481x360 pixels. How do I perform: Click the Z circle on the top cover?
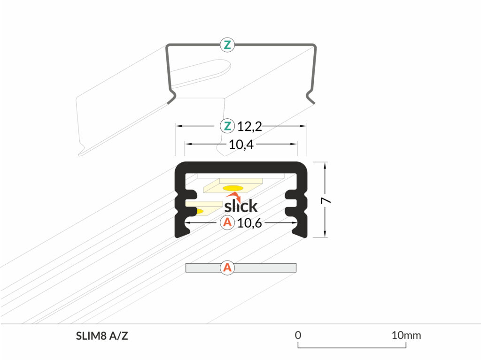coord(227,45)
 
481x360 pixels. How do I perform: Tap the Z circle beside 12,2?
coord(227,126)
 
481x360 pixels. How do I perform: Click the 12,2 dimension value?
coord(250,127)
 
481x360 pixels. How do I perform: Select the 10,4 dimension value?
coord(241,145)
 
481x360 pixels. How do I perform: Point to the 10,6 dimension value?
coord(249,223)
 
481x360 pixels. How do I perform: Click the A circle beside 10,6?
coord(227,222)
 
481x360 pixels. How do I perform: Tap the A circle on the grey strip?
coord(227,268)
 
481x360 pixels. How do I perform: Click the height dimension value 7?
coord(326,200)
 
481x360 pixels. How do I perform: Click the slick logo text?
coord(241,206)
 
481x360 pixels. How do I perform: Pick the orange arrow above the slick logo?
coord(234,197)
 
